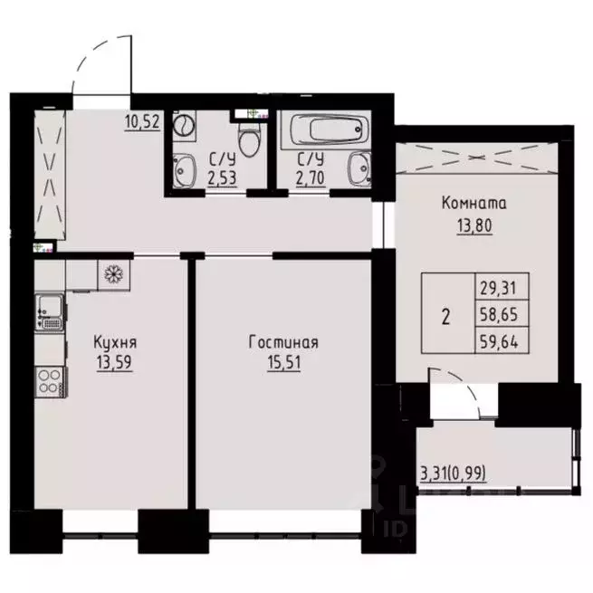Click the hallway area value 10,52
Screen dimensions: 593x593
[x=142, y=123]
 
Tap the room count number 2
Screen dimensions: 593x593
[x=445, y=318]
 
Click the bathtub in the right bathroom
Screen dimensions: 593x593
[x=323, y=131]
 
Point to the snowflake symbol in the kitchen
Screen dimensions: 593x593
[x=114, y=273]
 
